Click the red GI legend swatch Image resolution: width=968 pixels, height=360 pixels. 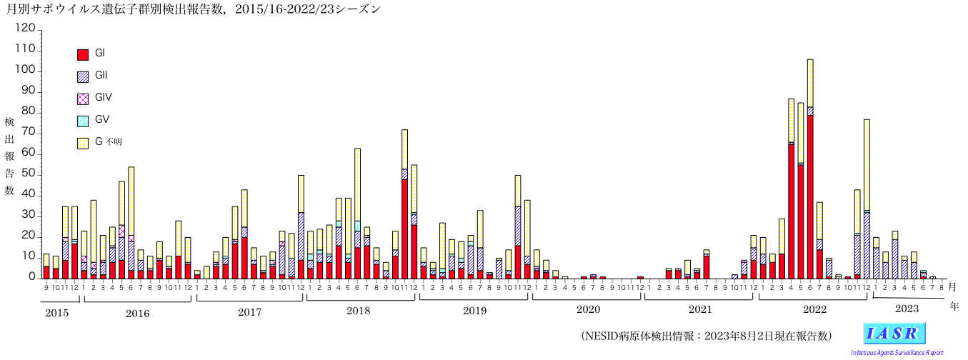tap(83, 54)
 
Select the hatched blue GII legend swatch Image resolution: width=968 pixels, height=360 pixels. tap(83, 76)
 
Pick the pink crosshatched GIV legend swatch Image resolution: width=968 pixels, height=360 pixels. tap(83, 99)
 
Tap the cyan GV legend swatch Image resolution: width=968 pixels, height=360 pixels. tap(83, 121)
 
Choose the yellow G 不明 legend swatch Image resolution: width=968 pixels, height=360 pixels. tap(83, 143)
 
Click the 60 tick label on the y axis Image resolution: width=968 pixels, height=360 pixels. tap(27, 154)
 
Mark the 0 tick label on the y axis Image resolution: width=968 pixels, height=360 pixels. tap(31, 277)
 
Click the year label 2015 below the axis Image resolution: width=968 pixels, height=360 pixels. tap(58, 312)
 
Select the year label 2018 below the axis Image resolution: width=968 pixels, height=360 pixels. tap(359, 311)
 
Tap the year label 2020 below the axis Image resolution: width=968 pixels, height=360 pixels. tap(587, 310)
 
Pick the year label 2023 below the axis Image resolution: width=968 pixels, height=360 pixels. tap(906, 309)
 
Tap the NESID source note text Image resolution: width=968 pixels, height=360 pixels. tap(706, 336)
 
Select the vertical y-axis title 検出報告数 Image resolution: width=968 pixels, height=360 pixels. tap(9, 156)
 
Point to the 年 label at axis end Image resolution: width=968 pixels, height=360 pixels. tap(954, 306)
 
